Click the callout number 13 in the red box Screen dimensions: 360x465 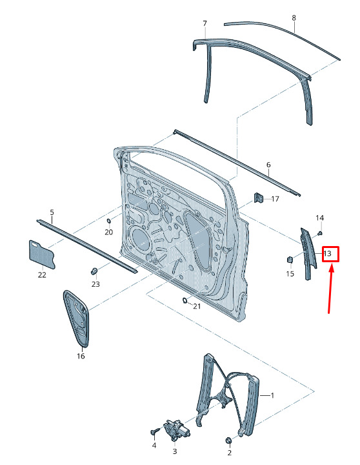click(327, 254)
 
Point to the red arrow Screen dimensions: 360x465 click(331, 289)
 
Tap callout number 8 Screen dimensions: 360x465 click(294, 18)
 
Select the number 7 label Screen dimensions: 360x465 click(205, 23)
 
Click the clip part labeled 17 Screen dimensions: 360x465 click(259, 198)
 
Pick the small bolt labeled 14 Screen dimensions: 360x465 click(320, 233)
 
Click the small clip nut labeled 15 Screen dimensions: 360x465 click(290, 260)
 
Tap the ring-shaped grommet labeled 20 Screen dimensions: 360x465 click(108, 221)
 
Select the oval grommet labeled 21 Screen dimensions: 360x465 click(185, 300)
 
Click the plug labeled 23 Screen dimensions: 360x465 click(94, 271)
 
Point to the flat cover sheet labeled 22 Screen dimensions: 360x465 click(42, 254)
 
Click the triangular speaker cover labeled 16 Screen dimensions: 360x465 click(76, 318)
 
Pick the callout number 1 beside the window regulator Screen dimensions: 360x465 click(272, 395)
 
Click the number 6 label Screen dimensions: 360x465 click(268, 165)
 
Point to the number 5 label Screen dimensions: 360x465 click(52, 212)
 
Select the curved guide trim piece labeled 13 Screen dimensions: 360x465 click(308, 254)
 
